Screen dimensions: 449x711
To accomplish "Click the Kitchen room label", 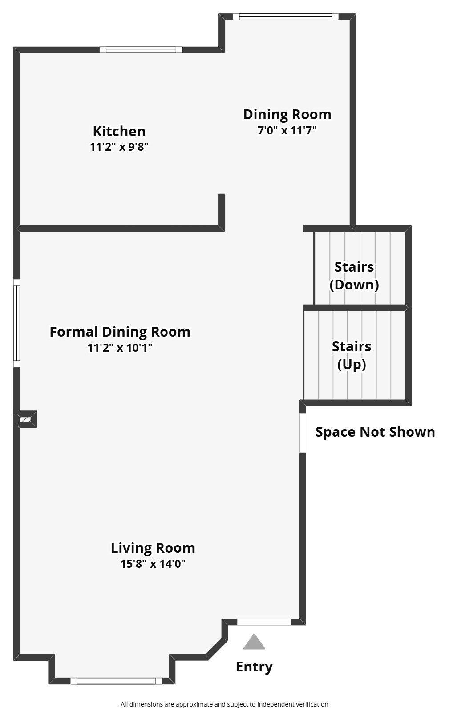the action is click(119, 131).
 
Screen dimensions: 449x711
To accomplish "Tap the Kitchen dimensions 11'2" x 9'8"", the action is click(119, 147).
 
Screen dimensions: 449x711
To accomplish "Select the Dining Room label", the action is click(287, 114).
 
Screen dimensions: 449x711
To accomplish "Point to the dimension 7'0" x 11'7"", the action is click(287, 130).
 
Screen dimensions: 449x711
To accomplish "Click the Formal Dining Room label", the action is click(120, 332).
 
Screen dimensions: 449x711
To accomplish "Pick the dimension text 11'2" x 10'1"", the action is click(120, 348).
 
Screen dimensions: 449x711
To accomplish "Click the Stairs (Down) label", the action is click(354, 276).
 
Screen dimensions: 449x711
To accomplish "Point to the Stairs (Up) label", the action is click(352, 355).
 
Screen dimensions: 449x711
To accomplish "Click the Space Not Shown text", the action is click(375, 432).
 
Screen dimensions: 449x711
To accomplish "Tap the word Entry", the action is click(254, 667).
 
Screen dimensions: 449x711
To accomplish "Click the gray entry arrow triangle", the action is click(254, 643).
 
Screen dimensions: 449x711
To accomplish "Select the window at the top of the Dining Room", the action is click(286, 16).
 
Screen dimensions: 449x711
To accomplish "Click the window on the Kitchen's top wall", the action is click(141, 50).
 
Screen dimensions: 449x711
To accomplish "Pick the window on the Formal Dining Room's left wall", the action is click(16, 323).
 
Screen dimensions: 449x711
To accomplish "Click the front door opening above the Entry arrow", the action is click(264, 622).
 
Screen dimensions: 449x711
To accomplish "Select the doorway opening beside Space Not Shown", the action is click(303, 433).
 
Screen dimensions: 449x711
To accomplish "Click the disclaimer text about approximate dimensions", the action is click(224, 704).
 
